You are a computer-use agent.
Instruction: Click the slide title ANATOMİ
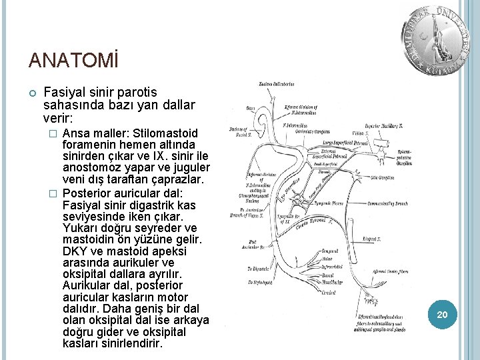73,61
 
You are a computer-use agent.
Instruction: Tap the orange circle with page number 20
441,313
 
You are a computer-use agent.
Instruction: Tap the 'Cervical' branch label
329,292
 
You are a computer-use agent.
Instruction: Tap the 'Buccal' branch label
328,274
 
